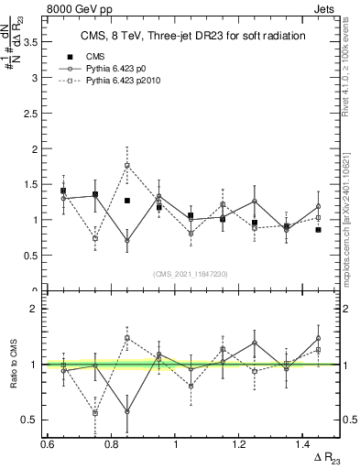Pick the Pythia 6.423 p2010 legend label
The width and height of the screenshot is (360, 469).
pos(128,82)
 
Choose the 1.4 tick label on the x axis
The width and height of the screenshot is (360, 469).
pos(303,442)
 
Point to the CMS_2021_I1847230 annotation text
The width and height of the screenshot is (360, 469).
pos(191,273)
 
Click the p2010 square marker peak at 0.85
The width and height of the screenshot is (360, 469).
pos(127,166)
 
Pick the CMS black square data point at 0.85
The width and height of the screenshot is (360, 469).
pos(127,201)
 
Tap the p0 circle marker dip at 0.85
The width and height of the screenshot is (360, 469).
pos(127,241)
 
